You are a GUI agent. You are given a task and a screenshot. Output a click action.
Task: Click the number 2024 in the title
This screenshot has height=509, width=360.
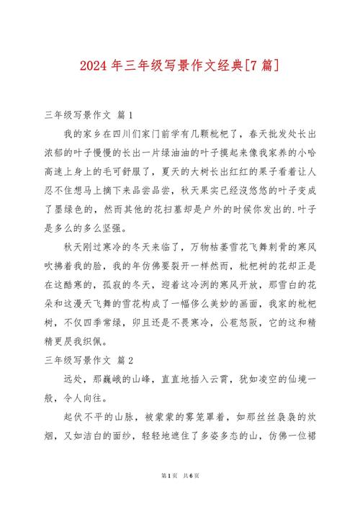(95, 66)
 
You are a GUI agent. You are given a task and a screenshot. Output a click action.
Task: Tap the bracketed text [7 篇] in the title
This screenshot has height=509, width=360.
(258, 66)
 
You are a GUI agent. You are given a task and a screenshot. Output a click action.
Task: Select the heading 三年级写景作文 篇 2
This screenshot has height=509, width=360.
(89, 358)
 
